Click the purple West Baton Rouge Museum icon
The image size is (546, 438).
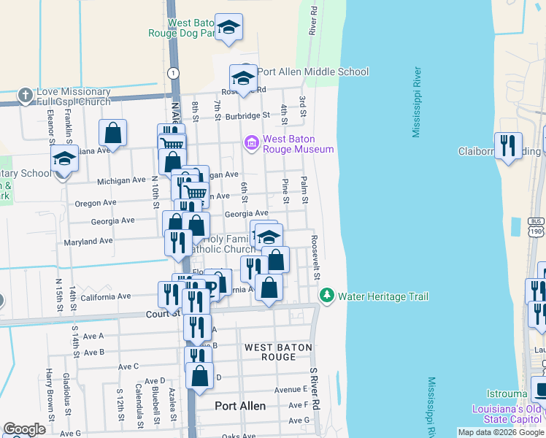click(x=253, y=142)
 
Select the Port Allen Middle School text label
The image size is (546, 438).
click(x=312, y=72)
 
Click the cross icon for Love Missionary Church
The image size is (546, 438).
click(x=26, y=95)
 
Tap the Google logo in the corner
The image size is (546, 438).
click(x=24, y=429)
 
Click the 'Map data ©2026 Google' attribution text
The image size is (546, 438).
click(x=501, y=432)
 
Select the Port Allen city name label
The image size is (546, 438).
click(x=240, y=405)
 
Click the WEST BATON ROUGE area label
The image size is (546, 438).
click(x=278, y=352)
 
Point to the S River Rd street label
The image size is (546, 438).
click(x=316, y=387)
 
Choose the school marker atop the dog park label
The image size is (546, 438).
click(x=229, y=28)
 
